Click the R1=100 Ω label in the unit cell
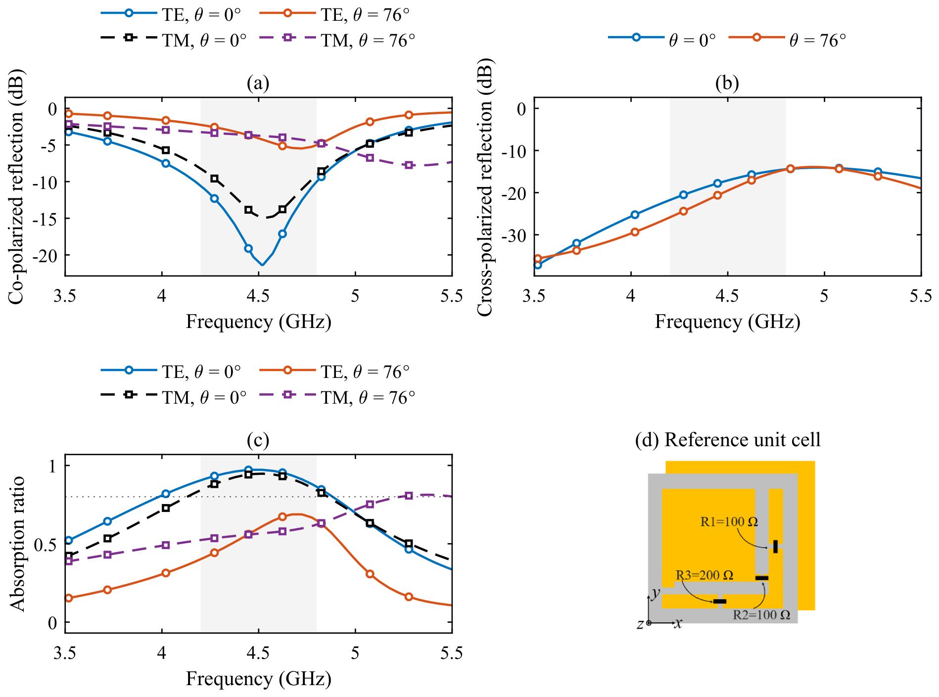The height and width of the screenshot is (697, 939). click(729, 522)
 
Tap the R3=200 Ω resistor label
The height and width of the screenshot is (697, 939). click(704, 575)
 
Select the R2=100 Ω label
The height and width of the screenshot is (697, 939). click(761, 615)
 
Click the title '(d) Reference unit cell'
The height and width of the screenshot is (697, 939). click(728, 439)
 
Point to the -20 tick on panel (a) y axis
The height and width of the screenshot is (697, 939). click(45, 255)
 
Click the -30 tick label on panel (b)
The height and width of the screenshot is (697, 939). click(514, 235)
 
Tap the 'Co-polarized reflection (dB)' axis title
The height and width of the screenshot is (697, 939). click(16, 186)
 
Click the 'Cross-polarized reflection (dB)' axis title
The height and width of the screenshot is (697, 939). click(485, 186)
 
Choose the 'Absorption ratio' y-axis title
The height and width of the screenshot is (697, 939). click(17, 544)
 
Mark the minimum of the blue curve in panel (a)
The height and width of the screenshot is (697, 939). click(262, 265)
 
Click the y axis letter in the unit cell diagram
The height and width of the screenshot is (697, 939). click(656, 593)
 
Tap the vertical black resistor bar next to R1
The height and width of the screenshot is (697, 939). click(775, 547)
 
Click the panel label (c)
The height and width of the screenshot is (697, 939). click(258, 439)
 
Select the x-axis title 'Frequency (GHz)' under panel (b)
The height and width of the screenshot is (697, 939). click(727, 322)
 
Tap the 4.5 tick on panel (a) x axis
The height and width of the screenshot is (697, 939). click(258, 296)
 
